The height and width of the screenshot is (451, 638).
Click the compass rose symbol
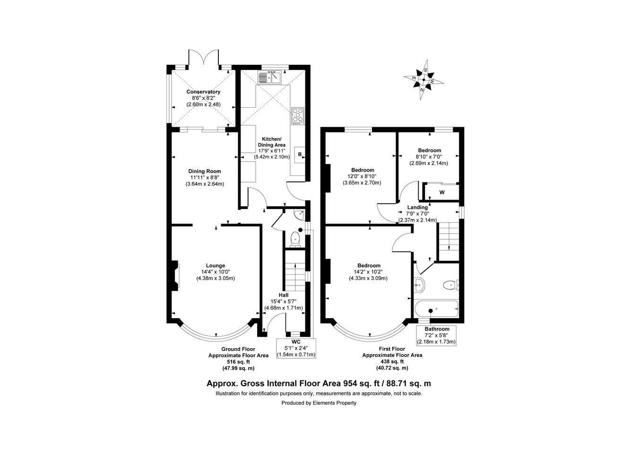(x=423, y=80)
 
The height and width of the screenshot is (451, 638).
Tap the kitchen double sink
(x=269, y=77)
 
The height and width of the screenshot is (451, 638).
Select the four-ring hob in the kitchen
(x=298, y=116)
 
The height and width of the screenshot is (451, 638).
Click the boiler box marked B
(x=300, y=155)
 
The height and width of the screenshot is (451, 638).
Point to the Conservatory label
(x=203, y=92)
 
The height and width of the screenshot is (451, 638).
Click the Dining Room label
(x=205, y=171)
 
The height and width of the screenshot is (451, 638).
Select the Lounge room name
(x=216, y=265)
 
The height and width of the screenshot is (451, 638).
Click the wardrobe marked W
(x=441, y=192)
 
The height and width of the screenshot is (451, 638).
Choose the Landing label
(x=417, y=207)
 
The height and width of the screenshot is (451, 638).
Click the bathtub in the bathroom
(x=436, y=310)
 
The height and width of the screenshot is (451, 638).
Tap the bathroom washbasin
(x=419, y=285)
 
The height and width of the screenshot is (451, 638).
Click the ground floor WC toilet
(x=296, y=239)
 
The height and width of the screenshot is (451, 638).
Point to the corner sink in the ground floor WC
(x=299, y=215)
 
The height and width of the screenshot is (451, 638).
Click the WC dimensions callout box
(x=296, y=348)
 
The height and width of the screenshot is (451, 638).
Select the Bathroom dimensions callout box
(x=436, y=335)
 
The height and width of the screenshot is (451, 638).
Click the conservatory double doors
(x=204, y=58)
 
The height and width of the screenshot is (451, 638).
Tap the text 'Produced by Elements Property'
(x=319, y=403)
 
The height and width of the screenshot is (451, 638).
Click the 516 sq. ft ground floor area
(x=238, y=362)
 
